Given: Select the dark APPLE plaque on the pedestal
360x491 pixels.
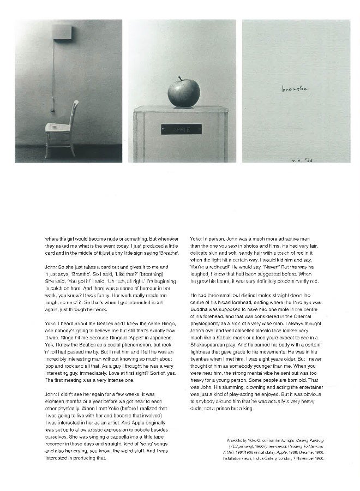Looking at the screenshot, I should tap(181, 129).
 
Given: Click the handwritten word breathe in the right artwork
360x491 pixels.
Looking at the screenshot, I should tap(295, 88).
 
